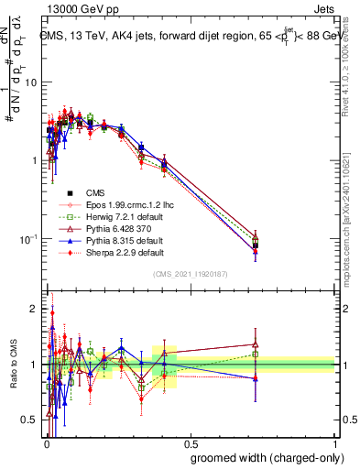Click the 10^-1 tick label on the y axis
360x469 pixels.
coord(28,239)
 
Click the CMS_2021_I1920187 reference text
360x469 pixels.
coord(190,274)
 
